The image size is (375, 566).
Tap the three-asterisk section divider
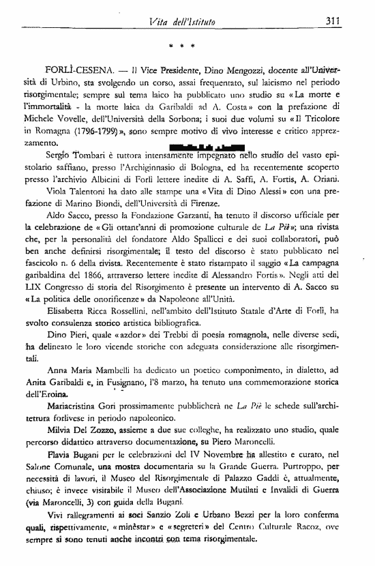tap(183, 48)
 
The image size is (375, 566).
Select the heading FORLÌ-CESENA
tap(80, 71)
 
